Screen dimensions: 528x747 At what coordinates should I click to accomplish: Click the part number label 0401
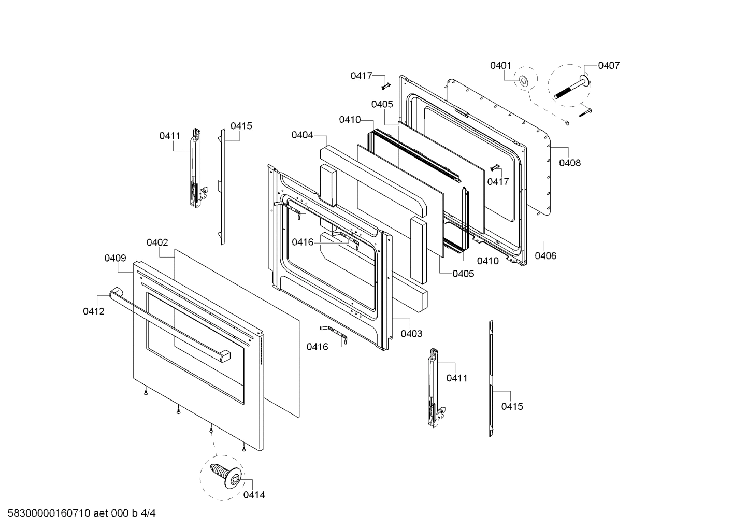[x=500, y=66]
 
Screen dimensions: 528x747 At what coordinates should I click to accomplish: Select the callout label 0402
[x=157, y=242]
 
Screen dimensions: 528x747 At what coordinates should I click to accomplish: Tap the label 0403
[x=411, y=334]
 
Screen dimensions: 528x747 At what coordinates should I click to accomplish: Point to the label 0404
[x=302, y=135]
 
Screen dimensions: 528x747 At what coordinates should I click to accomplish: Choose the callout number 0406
[x=545, y=255]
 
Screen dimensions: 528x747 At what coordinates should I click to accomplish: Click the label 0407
[x=608, y=66]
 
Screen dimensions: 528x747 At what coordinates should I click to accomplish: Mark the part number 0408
[x=570, y=163]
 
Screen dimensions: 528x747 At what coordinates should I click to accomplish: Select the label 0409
[x=115, y=258]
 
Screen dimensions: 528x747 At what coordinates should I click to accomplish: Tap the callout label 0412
[x=94, y=311]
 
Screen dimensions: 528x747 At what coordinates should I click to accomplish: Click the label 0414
[x=254, y=495]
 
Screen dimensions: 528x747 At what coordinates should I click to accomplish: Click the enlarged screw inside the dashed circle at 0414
[x=226, y=474]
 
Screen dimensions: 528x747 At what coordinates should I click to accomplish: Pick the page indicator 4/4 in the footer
[x=148, y=513]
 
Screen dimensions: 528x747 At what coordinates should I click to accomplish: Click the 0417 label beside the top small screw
[x=361, y=76]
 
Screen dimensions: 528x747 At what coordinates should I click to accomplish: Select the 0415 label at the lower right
[x=512, y=406]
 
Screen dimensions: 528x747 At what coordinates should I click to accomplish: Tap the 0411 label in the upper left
[x=169, y=136]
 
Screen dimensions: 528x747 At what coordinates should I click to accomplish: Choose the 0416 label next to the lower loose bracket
[x=317, y=347]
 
